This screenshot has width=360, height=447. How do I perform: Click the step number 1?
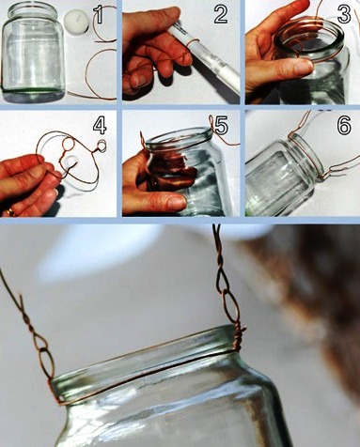coord(99,15)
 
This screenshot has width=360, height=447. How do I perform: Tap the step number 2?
coord(221,14)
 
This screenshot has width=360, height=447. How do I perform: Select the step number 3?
coord(344,14)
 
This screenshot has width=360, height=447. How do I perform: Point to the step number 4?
coord(100,126)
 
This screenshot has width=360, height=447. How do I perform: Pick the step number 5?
coord(221,126)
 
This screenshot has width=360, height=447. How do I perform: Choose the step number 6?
coord(344,126)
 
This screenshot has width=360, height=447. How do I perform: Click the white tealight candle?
coord(76,22)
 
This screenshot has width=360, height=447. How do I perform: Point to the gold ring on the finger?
coord(9,212)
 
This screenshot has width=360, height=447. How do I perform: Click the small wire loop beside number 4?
coord(102,146)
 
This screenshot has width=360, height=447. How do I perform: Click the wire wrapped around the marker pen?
coord(193,44)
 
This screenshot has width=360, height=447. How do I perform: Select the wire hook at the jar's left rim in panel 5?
coord(142,141)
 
